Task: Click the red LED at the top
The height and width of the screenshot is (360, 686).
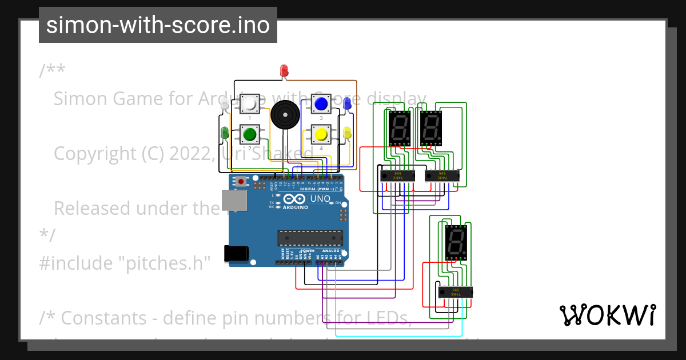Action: [284, 71]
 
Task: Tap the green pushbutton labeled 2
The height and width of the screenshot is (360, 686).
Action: [249, 134]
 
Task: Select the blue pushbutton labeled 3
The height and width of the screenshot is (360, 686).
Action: [321, 104]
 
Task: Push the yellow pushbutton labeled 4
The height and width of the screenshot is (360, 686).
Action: [321, 134]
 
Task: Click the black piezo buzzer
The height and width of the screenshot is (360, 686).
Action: [285, 114]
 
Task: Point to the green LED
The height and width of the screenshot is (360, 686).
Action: [225, 133]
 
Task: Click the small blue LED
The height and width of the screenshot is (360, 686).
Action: [347, 103]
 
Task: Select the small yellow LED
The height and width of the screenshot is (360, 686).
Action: [347, 133]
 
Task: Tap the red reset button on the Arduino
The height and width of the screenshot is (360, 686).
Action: [241, 182]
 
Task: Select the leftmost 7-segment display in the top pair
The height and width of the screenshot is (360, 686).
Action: [399, 127]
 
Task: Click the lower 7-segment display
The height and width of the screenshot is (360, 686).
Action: [456, 241]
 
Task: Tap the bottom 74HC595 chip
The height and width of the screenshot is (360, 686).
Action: [456, 291]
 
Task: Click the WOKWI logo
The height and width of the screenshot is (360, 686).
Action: [607, 315]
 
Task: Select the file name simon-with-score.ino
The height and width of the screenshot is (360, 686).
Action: [158, 25]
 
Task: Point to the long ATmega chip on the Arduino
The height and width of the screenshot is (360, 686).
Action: [310, 238]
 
